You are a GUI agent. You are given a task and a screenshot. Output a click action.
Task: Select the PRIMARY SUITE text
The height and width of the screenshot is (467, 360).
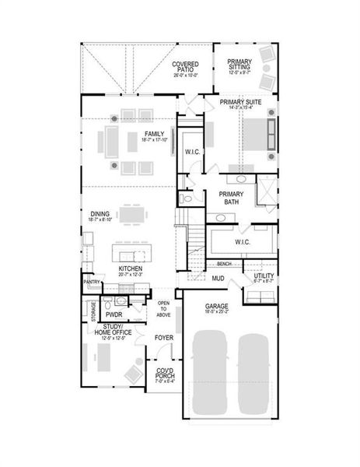click(239, 102)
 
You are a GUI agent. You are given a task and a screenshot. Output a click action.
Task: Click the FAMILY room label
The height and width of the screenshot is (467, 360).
click(154, 135)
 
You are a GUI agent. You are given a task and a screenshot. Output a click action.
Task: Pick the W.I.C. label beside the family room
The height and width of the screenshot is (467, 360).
click(192, 153)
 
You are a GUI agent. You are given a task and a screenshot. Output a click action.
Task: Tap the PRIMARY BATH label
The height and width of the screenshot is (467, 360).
click(232, 198)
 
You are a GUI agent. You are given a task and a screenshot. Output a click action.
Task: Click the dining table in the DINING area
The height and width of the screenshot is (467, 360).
click(131, 213)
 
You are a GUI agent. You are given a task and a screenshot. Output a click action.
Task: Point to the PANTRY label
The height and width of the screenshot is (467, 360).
click(92, 283)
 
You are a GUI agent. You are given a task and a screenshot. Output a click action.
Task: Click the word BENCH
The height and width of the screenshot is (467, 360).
click(225, 264)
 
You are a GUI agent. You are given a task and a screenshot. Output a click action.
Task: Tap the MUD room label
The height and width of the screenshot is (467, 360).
click(218, 277)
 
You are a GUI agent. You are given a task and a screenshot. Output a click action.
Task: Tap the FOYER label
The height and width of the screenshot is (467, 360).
click(163, 338)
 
